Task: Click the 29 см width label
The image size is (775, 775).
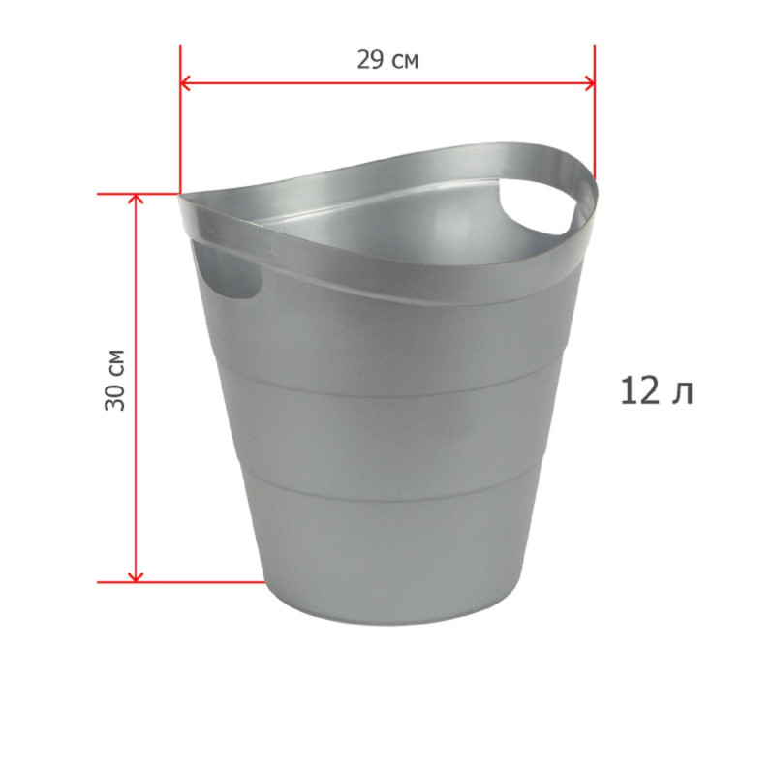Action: click(387, 60)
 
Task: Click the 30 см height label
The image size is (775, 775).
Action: click(115, 379)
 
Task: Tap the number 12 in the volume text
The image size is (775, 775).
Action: click(638, 390)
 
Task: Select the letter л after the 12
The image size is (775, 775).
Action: click(682, 392)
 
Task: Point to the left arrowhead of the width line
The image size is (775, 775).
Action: click(186, 84)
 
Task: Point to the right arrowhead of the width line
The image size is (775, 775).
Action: click(588, 84)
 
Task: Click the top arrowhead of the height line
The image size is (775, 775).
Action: click(136, 200)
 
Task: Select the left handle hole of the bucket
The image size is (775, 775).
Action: click(228, 276)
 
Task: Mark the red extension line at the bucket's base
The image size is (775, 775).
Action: click(194, 582)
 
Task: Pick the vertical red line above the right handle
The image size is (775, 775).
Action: click(594, 126)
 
